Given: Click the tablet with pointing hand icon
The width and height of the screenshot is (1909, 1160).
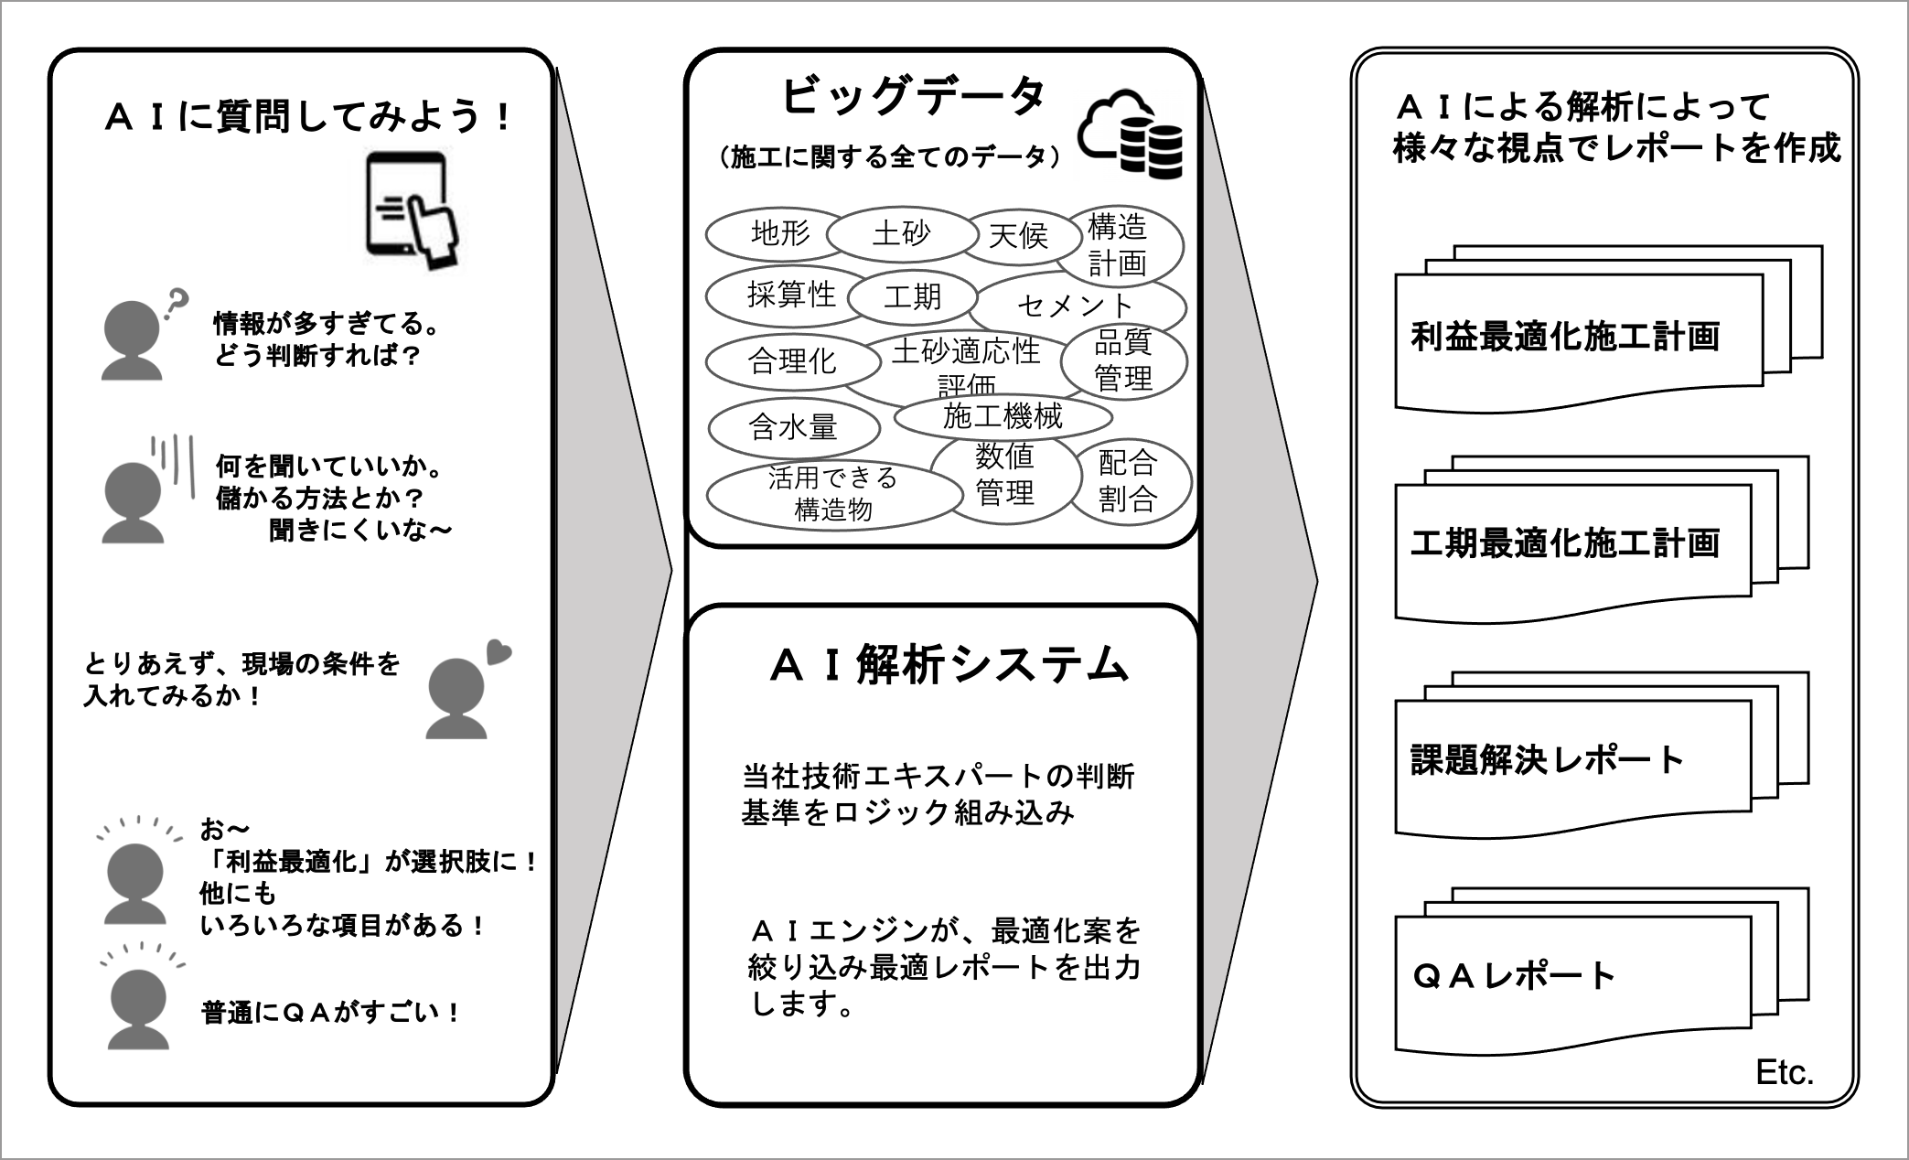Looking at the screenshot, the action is click(x=413, y=209).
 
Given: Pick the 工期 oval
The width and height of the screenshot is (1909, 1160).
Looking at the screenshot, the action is click(x=912, y=296).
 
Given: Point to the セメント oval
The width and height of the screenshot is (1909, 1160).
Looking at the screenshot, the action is click(x=1076, y=306).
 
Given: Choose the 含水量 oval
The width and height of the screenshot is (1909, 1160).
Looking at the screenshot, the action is click(x=792, y=427).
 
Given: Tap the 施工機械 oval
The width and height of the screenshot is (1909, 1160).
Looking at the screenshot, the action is click(x=1003, y=417).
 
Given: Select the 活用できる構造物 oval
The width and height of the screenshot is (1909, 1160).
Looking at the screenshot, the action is click(x=833, y=494).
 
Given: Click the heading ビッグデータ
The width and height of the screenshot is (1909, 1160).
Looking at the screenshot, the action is click(x=912, y=96).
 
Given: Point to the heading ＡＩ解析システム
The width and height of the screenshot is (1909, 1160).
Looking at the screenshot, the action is click(x=949, y=665).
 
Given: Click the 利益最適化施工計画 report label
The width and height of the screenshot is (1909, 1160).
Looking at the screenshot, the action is click(x=1565, y=337).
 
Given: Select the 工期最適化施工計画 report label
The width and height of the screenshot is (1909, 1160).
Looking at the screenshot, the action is click(x=1565, y=543).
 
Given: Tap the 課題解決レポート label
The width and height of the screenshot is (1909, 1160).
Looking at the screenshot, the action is click(x=1547, y=760).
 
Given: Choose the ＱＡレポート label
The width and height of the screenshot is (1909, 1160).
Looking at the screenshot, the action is click(x=1514, y=976).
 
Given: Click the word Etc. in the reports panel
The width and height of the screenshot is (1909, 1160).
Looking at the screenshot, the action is click(x=1784, y=1072).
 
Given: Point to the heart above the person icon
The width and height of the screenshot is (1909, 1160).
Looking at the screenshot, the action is click(x=498, y=651).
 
